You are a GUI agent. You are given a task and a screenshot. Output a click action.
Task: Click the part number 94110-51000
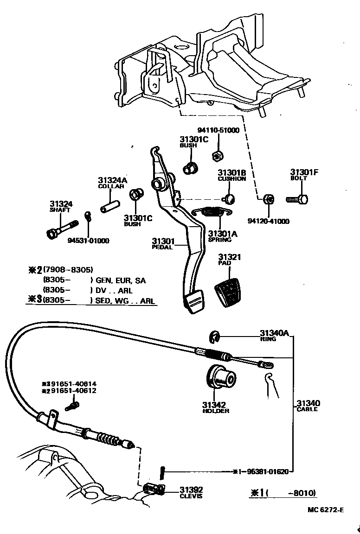[219, 131]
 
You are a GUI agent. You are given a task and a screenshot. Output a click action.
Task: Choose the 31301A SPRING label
[222, 236]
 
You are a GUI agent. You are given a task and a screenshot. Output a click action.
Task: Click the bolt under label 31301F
[297, 200]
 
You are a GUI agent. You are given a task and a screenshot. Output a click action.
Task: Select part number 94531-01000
[88, 241]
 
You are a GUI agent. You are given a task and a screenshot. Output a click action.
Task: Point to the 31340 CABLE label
[308, 406]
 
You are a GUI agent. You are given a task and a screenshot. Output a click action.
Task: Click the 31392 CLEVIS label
[191, 492]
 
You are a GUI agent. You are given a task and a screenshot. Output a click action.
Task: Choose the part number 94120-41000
[268, 222]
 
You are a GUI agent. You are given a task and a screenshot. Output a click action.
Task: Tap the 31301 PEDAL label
[163, 243]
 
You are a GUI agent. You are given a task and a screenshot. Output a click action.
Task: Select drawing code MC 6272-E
[325, 510]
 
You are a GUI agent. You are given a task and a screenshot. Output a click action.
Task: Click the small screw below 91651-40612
[71, 407]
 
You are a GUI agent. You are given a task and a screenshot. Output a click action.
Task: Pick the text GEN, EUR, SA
[121, 280]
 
